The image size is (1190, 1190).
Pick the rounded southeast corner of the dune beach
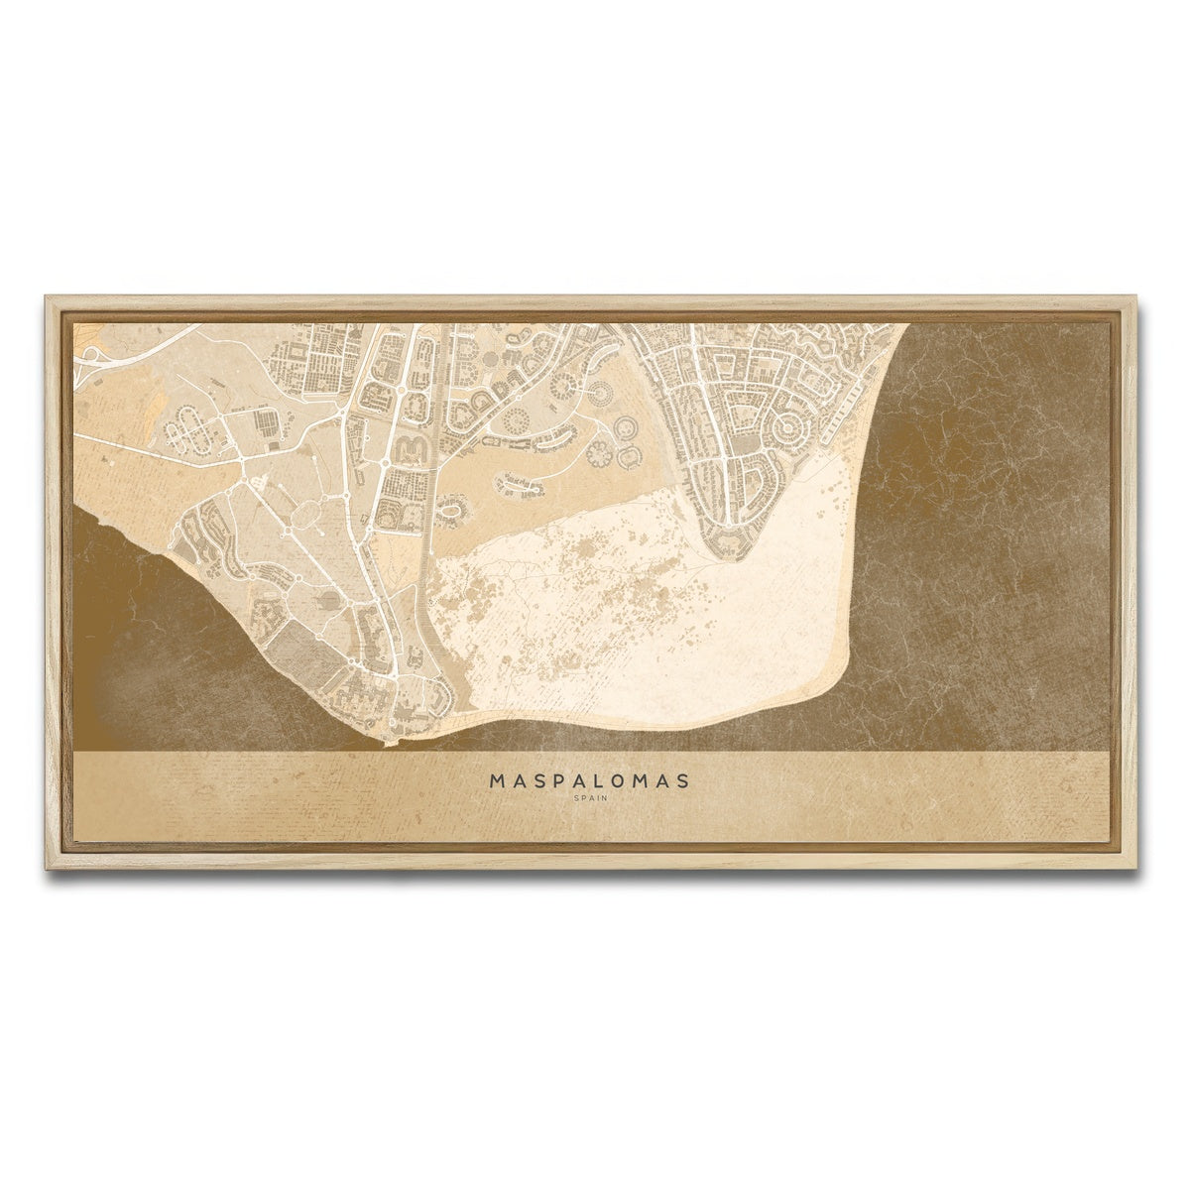tap(838, 674)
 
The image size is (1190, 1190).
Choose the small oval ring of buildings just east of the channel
tap(457, 514)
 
